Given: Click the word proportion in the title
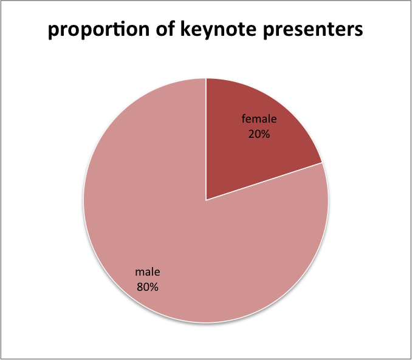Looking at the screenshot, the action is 99,30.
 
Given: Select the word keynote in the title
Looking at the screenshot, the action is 219,29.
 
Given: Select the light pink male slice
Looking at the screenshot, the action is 184,223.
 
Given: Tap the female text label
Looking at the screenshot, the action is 259,119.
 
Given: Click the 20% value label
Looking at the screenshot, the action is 259,134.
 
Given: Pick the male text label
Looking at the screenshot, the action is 148,272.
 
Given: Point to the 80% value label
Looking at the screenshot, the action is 148,287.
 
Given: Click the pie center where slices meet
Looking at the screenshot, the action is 206,200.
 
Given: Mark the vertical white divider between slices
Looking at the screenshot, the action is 206,139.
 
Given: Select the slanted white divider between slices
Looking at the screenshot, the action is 264,182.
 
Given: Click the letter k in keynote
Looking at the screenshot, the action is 186,28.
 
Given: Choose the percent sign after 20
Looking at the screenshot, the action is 266,134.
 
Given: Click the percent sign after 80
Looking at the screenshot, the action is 154,287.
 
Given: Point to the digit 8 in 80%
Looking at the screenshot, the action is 140,287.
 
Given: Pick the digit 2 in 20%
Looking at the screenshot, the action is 252,134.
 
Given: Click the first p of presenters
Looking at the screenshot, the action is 269,32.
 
